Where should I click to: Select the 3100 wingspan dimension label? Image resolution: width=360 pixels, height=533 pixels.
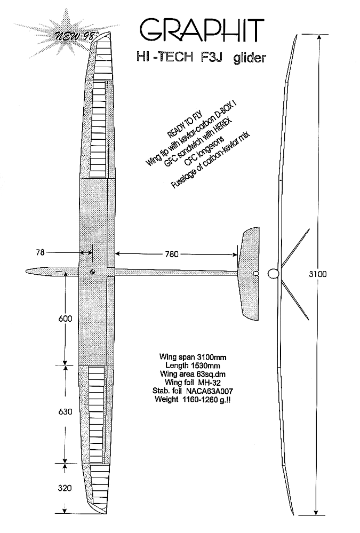[317, 274]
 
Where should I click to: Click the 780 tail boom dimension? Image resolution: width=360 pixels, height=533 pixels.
[171, 254]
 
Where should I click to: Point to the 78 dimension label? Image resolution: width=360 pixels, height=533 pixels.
[40, 252]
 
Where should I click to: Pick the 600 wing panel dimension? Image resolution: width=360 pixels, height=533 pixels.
[65, 319]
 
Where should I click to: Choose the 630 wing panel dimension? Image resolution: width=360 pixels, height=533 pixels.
[65, 412]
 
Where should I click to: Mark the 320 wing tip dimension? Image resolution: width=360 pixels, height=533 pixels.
[65, 488]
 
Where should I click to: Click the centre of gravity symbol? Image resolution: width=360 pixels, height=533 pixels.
[92, 272]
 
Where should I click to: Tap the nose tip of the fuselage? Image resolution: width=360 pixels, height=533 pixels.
[26, 271]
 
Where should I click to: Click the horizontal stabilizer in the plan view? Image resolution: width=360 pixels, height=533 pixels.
[249, 274]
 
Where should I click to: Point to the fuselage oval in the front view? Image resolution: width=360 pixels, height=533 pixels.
[274, 273]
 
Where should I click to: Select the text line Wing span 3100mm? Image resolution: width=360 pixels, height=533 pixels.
[193, 357]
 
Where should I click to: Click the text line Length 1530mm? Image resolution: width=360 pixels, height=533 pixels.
[193, 365]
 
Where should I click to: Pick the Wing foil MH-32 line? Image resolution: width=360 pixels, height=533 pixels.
[193, 383]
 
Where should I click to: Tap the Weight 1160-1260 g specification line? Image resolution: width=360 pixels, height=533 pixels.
[193, 399]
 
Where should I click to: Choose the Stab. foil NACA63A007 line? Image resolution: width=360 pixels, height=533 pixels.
[193, 391]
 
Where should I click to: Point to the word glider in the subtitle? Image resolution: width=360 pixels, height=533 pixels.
[250, 58]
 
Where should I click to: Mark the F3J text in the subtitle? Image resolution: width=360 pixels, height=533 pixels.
[211, 57]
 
